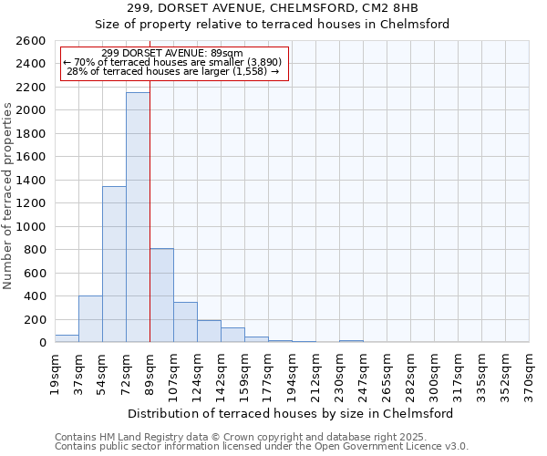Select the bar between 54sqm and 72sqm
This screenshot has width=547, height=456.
tap(114, 264)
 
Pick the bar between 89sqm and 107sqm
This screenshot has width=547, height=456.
tap(161, 295)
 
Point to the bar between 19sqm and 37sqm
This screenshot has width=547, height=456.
tap(67, 338)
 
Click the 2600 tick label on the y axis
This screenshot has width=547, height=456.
tap(31, 41)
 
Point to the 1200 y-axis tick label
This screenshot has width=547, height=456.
tap(31, 203)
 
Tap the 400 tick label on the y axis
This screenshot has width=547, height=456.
tap(35, 296)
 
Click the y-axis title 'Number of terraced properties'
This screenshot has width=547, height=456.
tap(8, 196)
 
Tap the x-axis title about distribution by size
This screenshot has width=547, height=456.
tap(292, 413)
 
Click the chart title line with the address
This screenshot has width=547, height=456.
tap(273, 8)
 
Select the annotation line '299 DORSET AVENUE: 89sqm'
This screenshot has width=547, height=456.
tap(173, 54)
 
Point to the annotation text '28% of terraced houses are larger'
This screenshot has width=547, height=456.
tap(173, 70)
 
